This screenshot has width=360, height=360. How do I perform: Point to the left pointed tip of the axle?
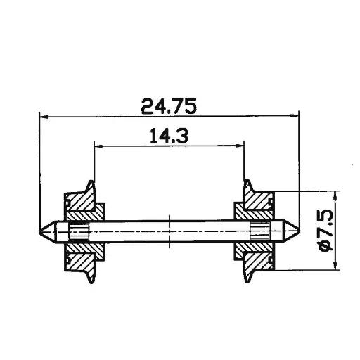[x=40, y=230]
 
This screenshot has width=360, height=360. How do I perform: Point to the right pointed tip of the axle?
[x=298, y=230]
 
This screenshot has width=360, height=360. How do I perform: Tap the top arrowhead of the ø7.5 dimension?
[x=335, y=195]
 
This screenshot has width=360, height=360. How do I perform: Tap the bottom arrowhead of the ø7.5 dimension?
[x=335, y=265]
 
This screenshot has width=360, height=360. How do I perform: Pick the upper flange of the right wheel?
[x=248, y=188]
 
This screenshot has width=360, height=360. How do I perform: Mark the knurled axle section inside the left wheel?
[x=77, y=230]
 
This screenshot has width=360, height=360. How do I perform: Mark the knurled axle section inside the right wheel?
[x=261, y=230]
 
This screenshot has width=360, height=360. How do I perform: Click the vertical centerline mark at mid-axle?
[x=169, y=230]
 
